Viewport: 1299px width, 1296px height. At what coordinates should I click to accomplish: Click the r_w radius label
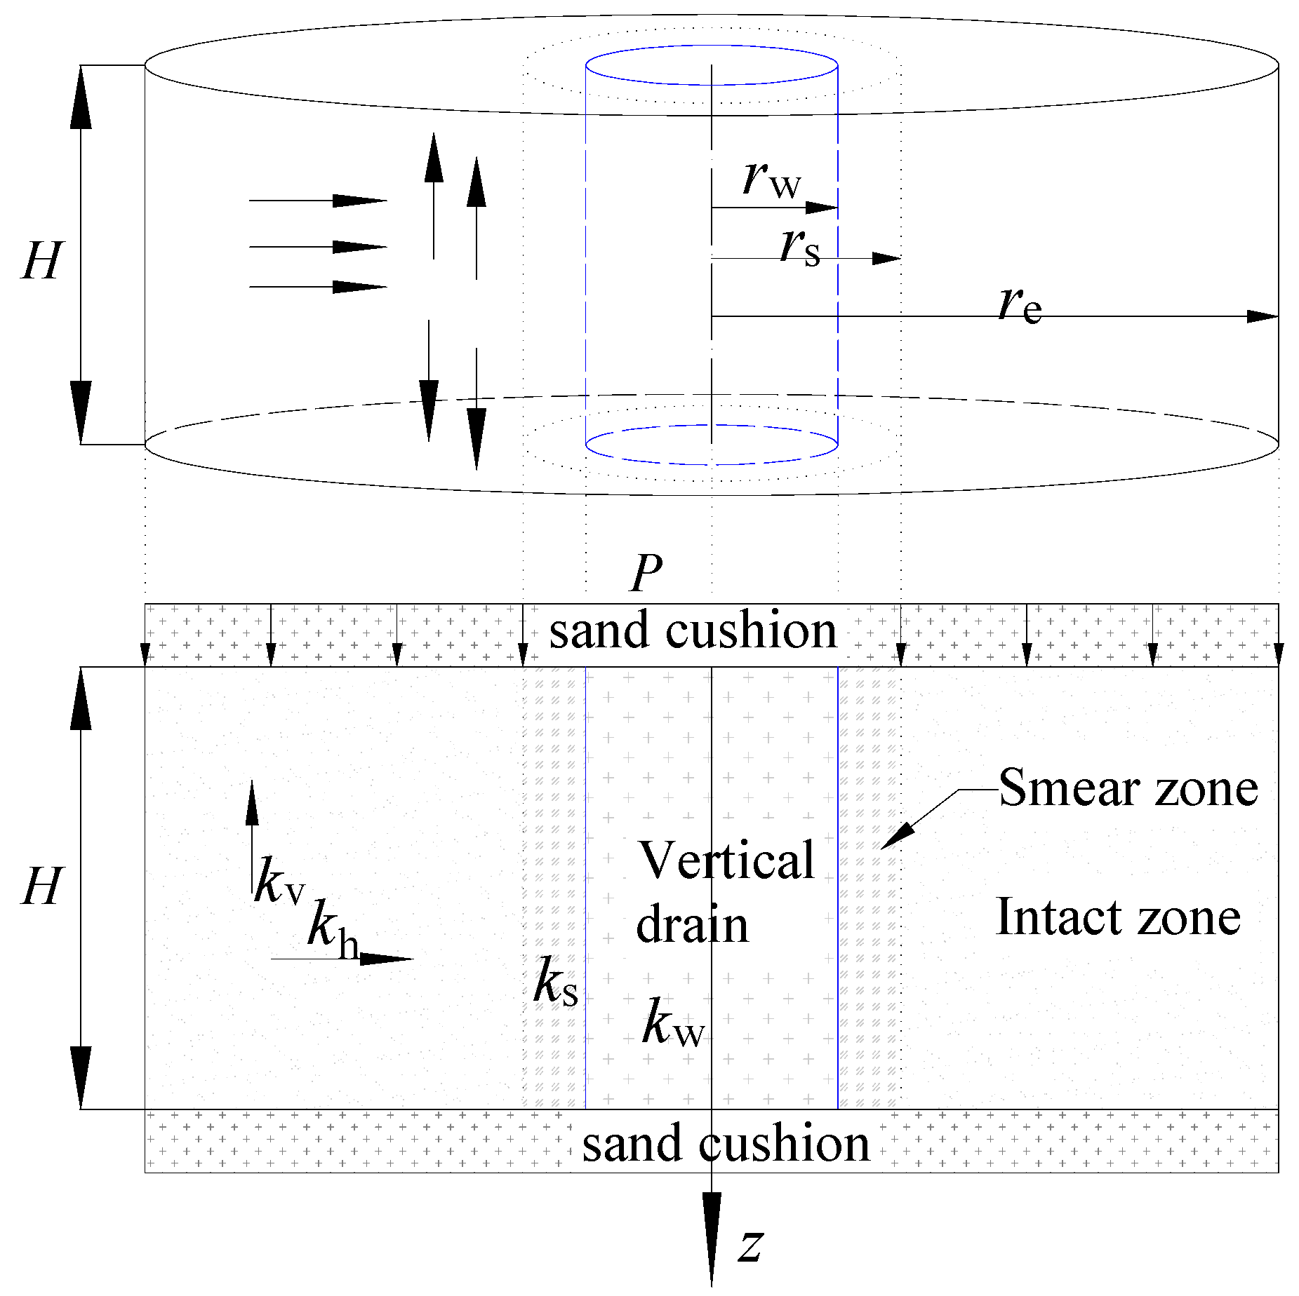click(772, 180)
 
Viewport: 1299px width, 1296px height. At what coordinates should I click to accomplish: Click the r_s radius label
click(800, 247)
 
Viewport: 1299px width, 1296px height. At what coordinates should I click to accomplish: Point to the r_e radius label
click(1020, 305)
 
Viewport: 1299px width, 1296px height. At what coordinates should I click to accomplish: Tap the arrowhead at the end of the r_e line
click(1263, 316)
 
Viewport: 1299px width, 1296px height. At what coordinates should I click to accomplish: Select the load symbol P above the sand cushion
click(646, 573)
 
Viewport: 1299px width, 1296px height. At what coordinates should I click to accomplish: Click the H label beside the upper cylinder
click(43, 261)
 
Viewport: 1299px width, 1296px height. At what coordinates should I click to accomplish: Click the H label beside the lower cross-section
click(43, 886)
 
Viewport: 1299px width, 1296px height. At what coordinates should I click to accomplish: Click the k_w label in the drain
click(672, 1024)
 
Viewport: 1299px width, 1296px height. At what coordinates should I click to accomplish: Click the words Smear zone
click(1128, 788)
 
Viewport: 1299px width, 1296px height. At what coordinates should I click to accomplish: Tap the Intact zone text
click(1118, 917)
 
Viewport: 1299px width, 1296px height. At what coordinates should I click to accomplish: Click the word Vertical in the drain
click(726, 860)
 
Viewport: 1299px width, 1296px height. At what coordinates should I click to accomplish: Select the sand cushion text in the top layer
click(693, 630)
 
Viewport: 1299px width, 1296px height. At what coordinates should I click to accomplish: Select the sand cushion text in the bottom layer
click(726, 1143)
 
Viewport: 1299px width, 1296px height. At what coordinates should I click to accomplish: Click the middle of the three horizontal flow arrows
click(318, 247)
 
